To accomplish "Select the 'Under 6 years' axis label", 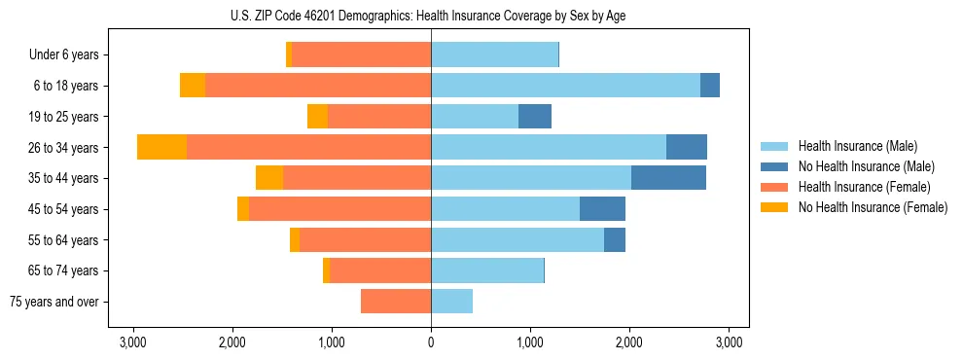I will click(70, 55).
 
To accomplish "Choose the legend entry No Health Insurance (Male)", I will click(866, 166).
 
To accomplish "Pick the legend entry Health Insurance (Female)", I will click(864, 187).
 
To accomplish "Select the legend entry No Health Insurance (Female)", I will click(873, 207).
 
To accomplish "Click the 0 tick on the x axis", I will click(431, 342).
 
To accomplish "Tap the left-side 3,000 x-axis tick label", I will click(132, 342).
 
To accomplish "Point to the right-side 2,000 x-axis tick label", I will click(629, 342).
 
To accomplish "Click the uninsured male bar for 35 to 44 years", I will click(668, 178).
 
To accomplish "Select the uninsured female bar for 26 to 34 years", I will click(161, 147).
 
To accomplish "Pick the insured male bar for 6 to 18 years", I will click(565, 86).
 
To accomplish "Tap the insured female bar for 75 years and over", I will click(396, 302).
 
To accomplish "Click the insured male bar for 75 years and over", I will click(451, 302).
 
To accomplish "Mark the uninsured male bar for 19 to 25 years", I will click(535, 117).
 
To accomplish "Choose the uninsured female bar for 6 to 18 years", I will click(193, 86).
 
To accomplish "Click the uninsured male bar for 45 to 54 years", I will click(602, 209).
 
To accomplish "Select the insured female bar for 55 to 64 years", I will click(366, 240).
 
